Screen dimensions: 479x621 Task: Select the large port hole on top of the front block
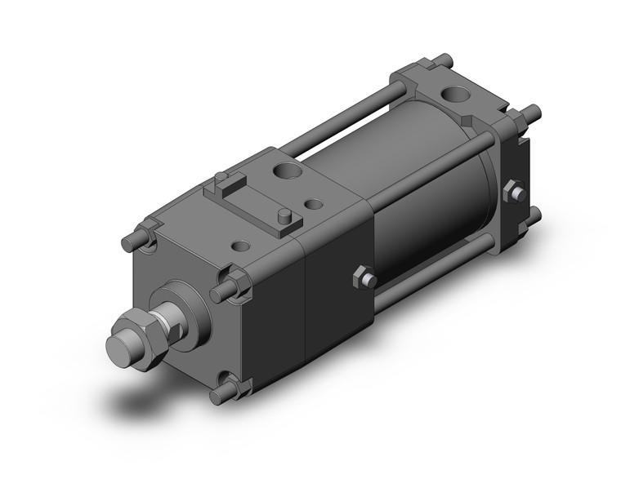287,172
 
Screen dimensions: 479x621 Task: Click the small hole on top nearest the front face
242,244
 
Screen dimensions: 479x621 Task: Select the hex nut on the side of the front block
363,278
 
